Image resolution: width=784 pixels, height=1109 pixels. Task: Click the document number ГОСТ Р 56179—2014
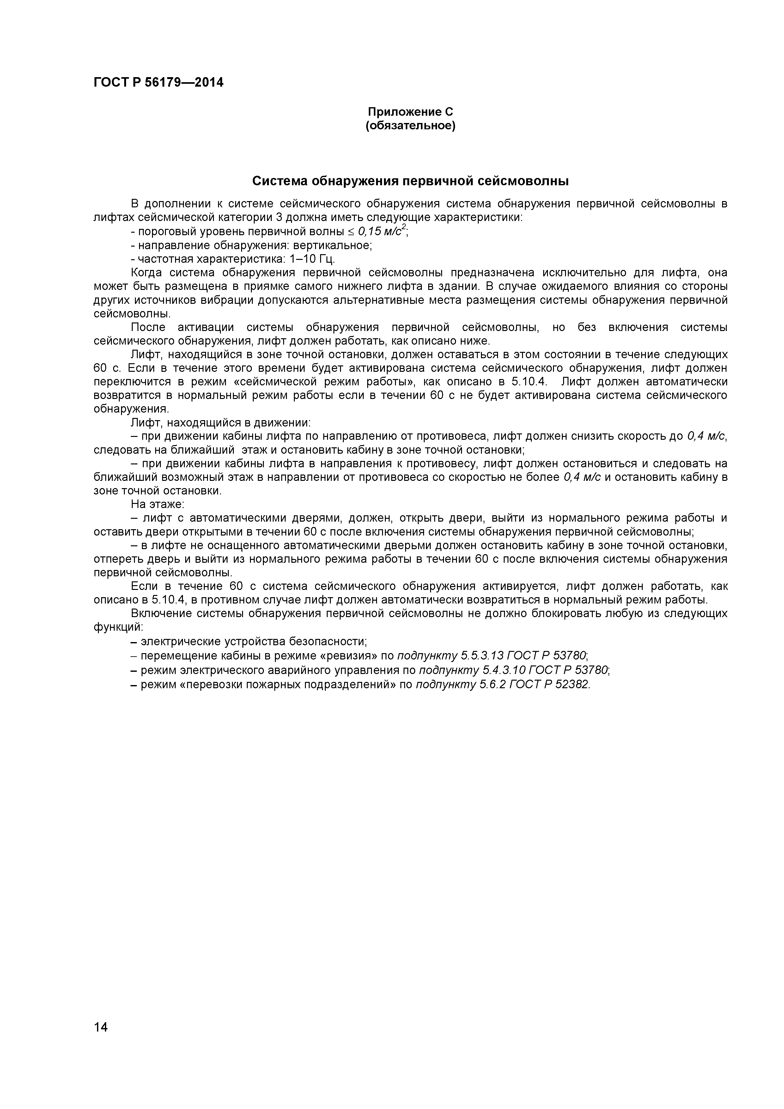(158, 83)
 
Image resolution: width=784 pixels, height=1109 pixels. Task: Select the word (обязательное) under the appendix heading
(410, 126)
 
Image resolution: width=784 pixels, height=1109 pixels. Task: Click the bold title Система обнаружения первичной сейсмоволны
(410, 181)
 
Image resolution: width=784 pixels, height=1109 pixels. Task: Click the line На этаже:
(157, 504)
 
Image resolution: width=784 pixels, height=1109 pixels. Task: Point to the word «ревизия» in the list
(350, 655)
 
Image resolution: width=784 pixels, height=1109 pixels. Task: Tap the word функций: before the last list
(118, 627)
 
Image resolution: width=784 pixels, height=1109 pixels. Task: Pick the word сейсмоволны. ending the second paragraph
(132, 314)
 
